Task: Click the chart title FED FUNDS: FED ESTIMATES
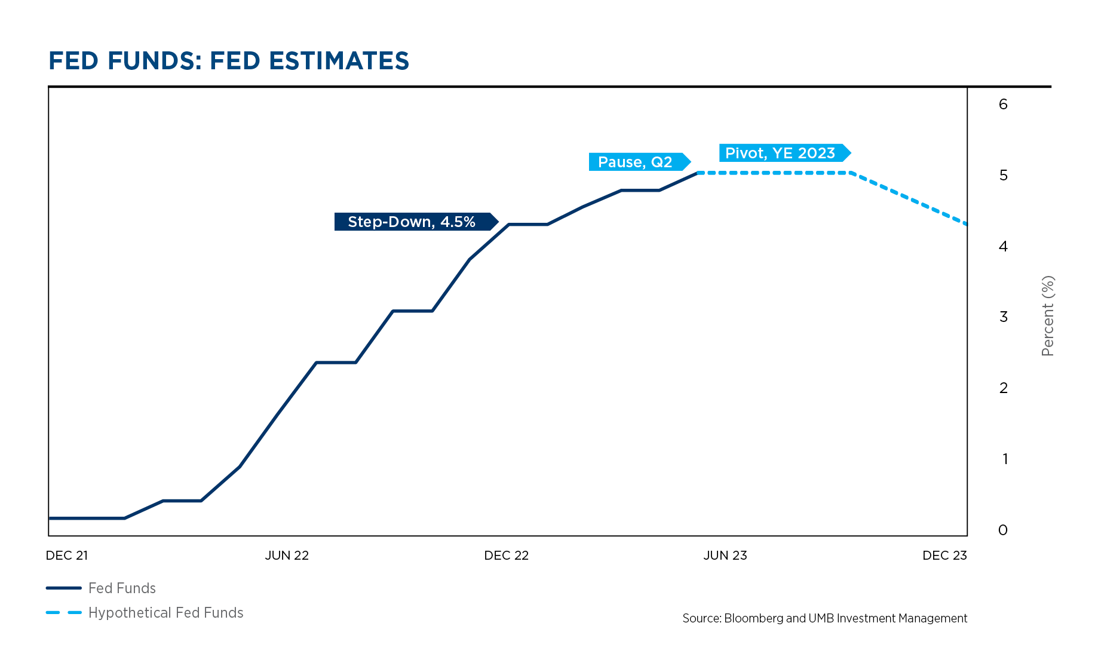[229, 61]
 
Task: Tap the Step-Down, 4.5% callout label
[412, 222]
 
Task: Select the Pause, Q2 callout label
[635, 162]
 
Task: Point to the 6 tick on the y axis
[1003, 105]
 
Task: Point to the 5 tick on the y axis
[1003, 176]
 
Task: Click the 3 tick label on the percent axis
[1003, 317]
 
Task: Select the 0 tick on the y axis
[1003, 530]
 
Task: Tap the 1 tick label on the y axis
[1005, 459]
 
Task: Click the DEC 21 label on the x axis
[67, 556]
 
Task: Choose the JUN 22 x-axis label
[287, 556]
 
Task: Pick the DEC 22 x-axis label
[506, 556]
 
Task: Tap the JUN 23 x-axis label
[725, 556]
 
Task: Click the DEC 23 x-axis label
[944, 556]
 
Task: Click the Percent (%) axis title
[1048, 316]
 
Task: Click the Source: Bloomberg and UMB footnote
[824, 618]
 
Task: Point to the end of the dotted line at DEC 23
[966, 224]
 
